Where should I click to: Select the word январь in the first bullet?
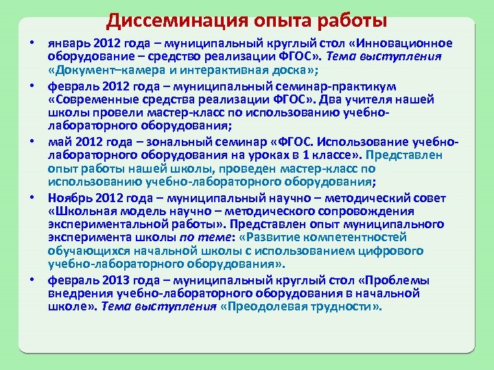pos(68,43)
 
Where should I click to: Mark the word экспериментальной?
pos(105,224)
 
